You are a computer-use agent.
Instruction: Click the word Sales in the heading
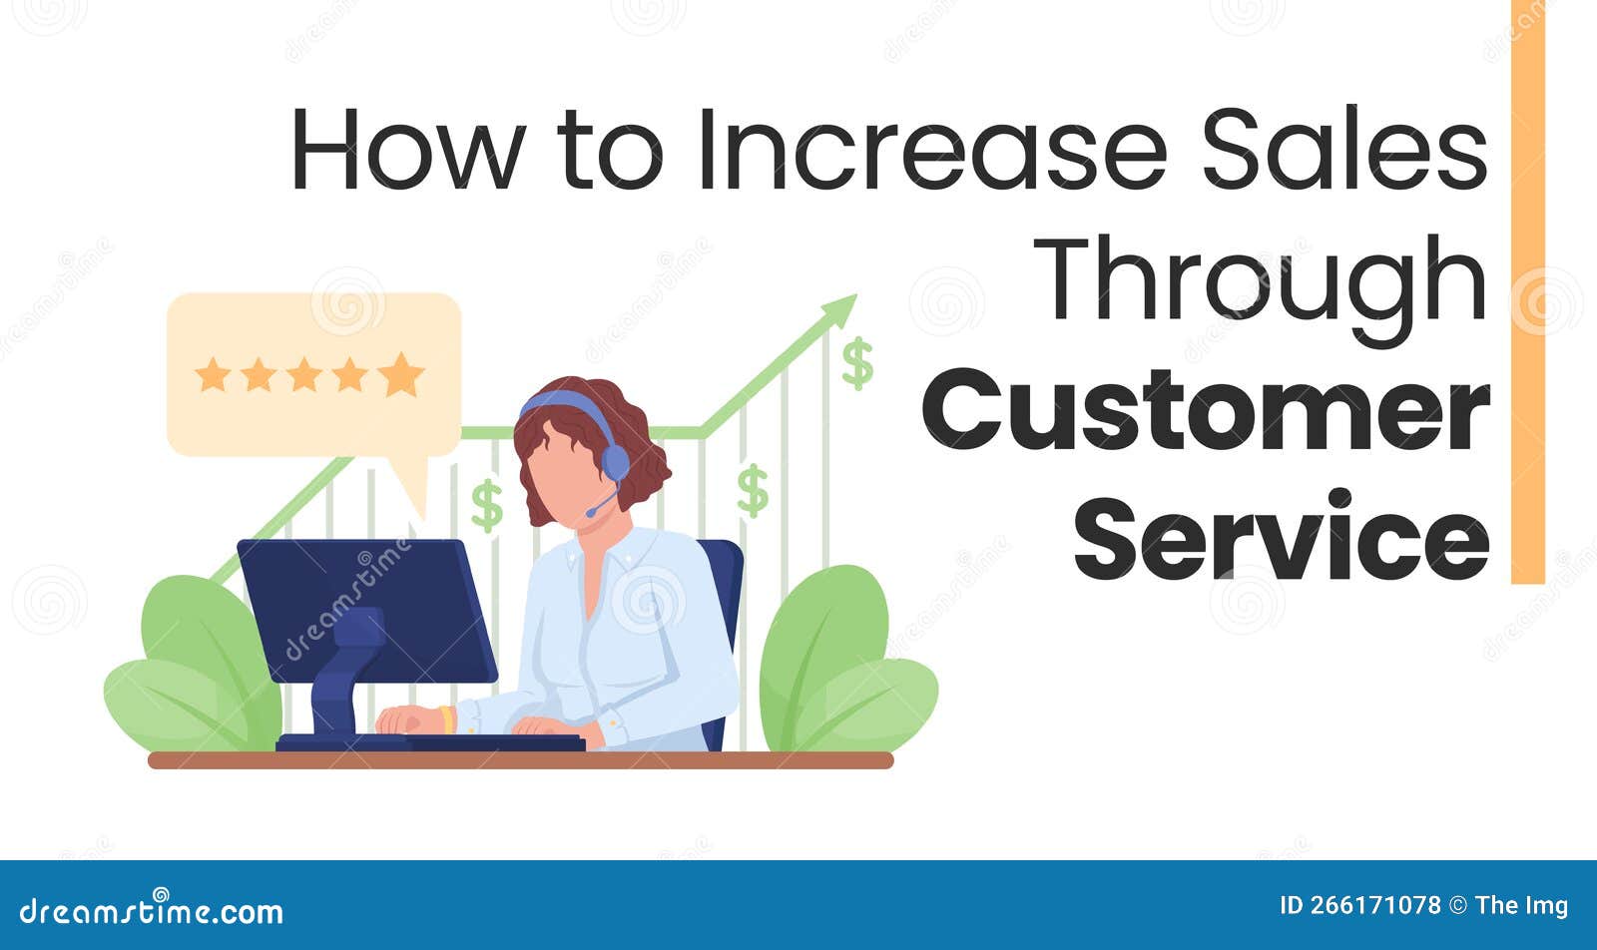1343,150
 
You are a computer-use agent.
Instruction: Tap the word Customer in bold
1206,410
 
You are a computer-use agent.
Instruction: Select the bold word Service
1282,539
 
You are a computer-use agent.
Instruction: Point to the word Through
1260,279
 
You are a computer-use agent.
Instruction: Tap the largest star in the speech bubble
401,374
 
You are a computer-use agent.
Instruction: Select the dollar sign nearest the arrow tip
856,362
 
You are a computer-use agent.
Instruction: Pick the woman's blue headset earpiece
615,462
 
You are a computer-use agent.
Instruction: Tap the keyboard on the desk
479,741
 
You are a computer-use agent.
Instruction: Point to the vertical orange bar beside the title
1527,289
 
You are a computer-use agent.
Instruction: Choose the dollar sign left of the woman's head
487,505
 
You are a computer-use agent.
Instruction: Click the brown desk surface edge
520,760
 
